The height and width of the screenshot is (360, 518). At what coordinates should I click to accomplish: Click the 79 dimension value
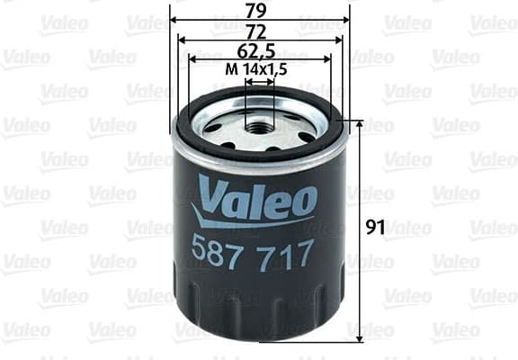pyautogui.click(x=259, y=10)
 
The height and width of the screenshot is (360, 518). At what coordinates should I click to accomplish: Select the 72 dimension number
pyautogui.click(x=259, y=31)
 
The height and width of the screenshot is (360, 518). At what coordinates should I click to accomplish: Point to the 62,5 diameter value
pyautogui.click(x=259, y=50)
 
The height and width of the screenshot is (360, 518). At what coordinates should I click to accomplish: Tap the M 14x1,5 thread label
pyautogui.click(x=259, y=70)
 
